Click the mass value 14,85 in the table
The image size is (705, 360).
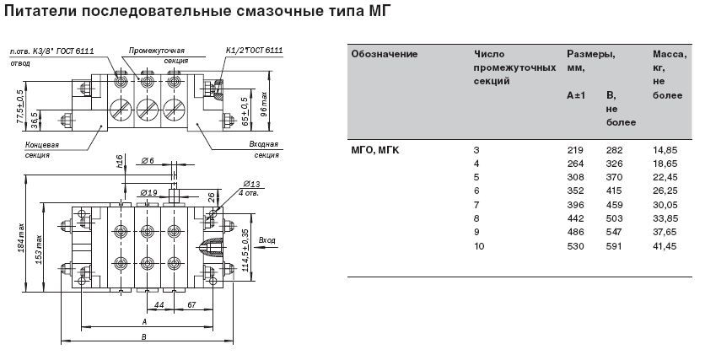pyautogui.click(x=665, y=150)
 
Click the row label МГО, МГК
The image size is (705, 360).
pyautogui.click(x=375, y=150)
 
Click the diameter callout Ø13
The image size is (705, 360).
pyautogui.click(x=250, y=183)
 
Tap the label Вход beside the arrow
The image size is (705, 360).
pyautogui.click(x=267, y=240)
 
